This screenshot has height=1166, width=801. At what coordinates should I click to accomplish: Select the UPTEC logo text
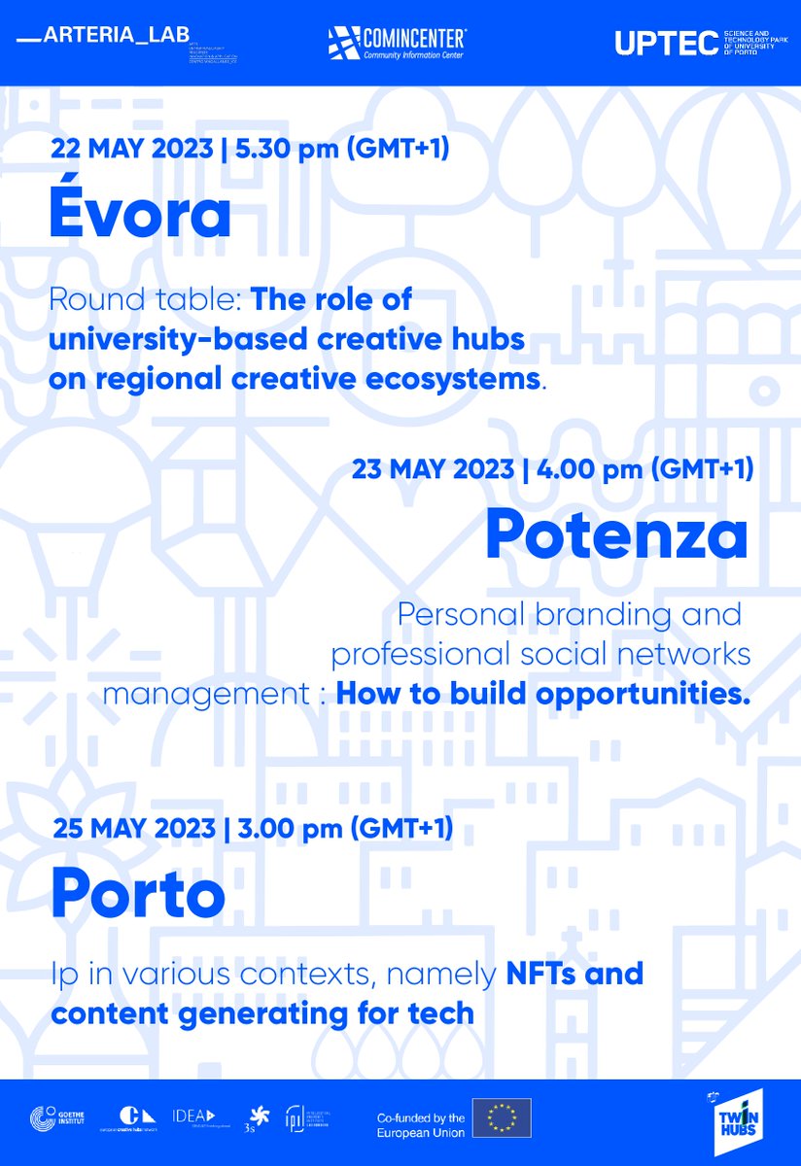tap(665, 43)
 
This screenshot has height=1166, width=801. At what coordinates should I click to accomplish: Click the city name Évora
tap(140, 215)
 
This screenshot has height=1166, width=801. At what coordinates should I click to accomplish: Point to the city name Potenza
tap(617, 533)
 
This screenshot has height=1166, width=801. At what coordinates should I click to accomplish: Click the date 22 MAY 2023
tap(131, 150)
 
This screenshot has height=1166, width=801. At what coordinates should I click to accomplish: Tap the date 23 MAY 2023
tap(433, 469)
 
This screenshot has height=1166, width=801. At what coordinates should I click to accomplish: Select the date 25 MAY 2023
tap(133, 829)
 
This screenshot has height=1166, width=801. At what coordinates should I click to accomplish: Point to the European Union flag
tap(502, 1117)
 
